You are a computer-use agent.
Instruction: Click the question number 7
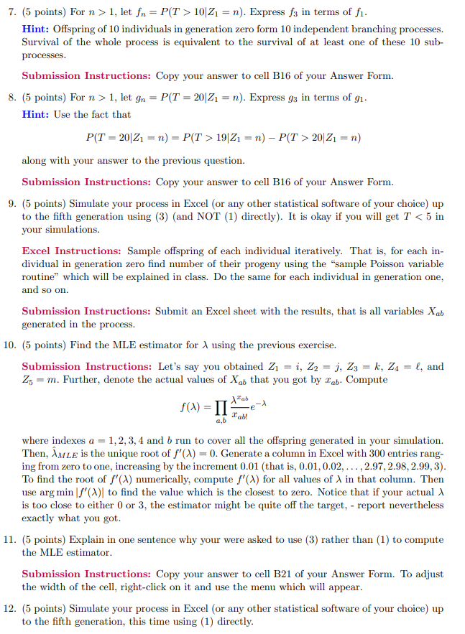coord(9,11)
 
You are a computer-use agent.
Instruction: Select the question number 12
coord(9,609)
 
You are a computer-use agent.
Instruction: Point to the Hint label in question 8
coord(35,114)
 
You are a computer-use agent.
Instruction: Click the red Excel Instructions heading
coord(71,251)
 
